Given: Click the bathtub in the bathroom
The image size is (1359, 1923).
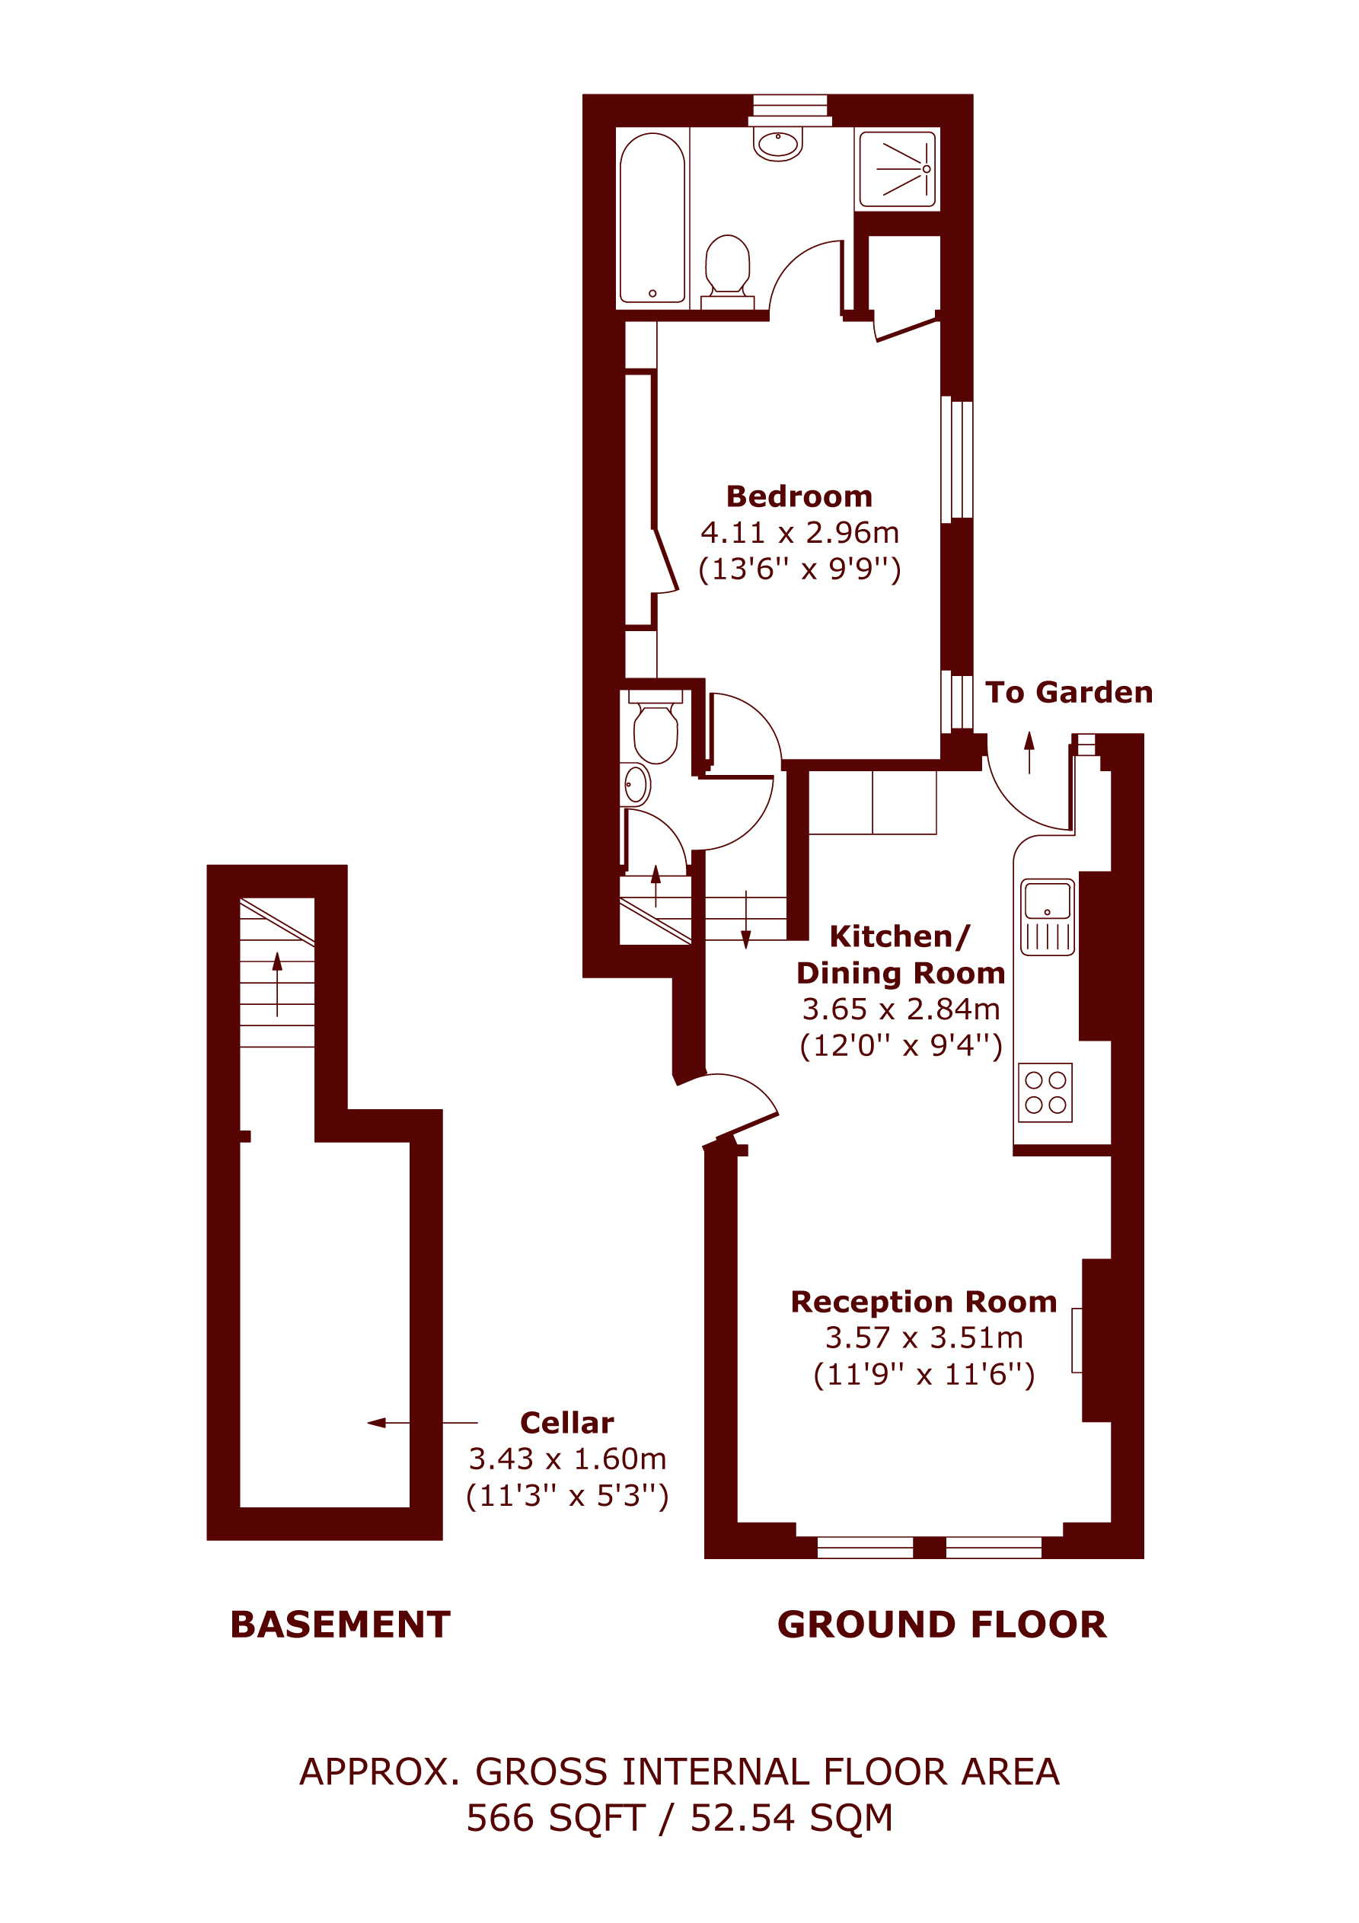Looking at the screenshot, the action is [652, 218].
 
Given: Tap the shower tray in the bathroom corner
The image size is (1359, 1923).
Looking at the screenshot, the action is [898, 168].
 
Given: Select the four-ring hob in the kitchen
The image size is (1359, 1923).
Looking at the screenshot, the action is [1045, 1092].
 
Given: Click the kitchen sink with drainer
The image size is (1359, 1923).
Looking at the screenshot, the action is [1048, 917].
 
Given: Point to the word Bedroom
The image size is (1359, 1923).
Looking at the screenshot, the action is [799, 496].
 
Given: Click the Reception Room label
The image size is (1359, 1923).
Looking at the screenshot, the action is [924, 1302].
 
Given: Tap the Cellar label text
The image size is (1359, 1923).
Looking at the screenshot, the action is [566, 1423].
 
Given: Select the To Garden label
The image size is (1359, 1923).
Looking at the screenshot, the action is [1068, 693].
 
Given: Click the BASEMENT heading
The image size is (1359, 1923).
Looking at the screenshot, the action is [340, 1625].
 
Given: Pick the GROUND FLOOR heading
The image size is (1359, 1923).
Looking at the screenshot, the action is [942, 1625].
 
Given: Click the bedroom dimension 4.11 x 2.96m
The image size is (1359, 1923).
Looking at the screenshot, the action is [799, 533].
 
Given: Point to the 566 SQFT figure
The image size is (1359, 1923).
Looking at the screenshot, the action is [556, 1818].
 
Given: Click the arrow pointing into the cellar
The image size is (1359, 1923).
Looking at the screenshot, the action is [423, 1422].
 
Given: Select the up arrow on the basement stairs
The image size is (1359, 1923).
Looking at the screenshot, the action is [277, 984].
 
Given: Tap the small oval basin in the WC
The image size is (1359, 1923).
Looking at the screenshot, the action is [635, 785].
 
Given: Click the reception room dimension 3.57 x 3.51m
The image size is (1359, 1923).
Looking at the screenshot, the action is [924, 1338].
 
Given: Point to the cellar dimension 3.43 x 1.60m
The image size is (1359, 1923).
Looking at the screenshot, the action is [567, 1459].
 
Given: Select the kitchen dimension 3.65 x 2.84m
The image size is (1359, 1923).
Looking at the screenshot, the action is [901, 1009].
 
